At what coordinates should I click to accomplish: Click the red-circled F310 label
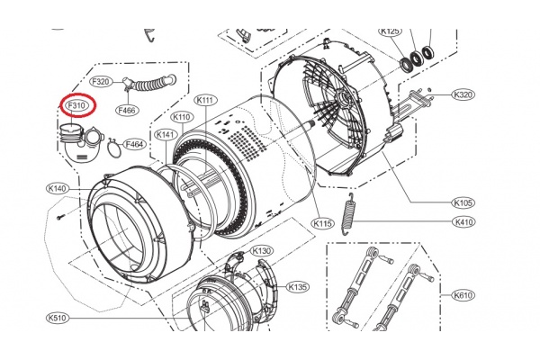[x=76, y=106]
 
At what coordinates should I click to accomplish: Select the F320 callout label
[x=102, y=81]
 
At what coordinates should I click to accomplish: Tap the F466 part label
[x=126, y=110]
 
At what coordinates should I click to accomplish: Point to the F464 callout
[x=135, y=144]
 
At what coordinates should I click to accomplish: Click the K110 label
[x=182, y=117]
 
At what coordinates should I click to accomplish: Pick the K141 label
[x=164, y=134]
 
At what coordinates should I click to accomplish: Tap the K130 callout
[x=262, y=250]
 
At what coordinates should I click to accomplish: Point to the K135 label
[x=298, y=287]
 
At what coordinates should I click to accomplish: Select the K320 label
[x=463, y=94]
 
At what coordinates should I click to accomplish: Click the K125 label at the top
[x=391, y=31]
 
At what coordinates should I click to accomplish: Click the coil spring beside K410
[x=355, y=217]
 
